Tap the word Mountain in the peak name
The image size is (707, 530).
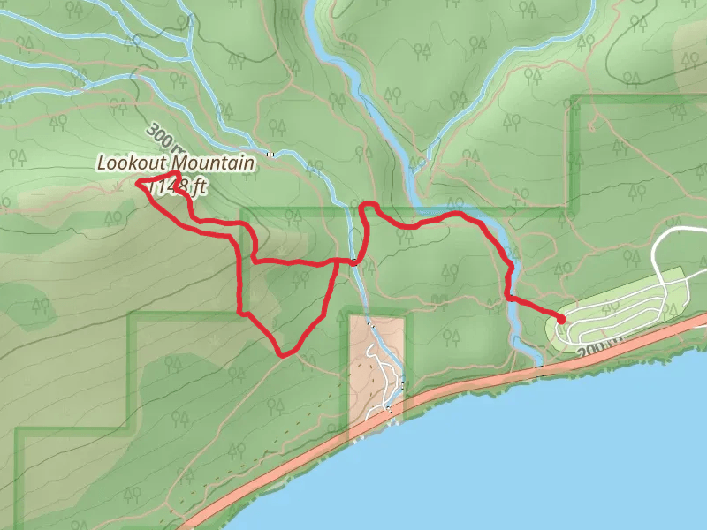point(213,163)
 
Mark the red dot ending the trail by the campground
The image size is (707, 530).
point(561,319)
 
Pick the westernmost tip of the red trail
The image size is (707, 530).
point(138,183)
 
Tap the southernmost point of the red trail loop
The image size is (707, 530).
point(282,354)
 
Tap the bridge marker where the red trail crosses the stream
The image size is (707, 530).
point(353,261)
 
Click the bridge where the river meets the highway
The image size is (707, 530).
point(538,370)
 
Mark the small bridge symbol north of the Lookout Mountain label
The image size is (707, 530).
point(272,155)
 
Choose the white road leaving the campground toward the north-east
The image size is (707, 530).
point(672,234)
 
